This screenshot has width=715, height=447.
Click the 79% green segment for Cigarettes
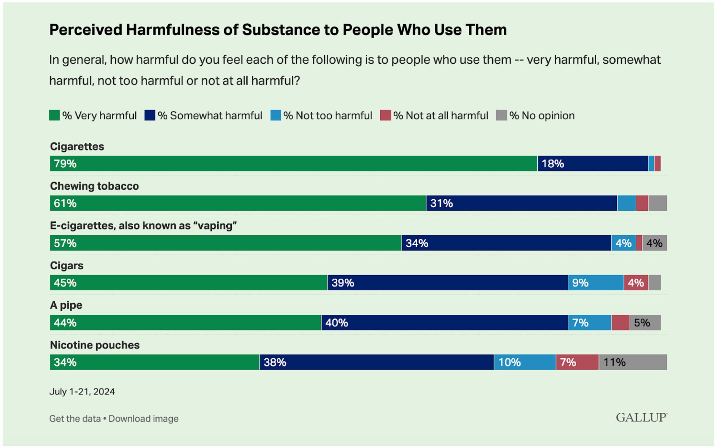(x=293, y=163)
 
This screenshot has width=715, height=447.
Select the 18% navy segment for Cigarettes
(x=592, y=163)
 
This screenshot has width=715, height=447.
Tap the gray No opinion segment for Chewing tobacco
(x=657, y=203)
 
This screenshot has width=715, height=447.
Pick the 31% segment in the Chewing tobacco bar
(x=521, y=203)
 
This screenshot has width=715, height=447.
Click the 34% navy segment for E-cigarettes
(x=506, y=243)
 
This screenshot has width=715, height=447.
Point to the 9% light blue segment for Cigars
(x=596, y=283)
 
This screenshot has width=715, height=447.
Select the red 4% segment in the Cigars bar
(x=636, y=283)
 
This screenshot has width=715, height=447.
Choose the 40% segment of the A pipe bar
(x=444, y=323)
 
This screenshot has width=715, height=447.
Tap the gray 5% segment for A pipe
(x=645, y=323)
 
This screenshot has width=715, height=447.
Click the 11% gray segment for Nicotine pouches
(x=632, y=362)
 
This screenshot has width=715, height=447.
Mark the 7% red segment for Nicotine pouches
(x=577, y=362)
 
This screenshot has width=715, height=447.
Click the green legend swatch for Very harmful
(x=54, y=116)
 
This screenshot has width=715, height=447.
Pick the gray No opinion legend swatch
(x=501, y=116)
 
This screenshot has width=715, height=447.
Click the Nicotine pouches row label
(x=95, y=345)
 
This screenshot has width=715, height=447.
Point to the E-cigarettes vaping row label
(x=143, y=226)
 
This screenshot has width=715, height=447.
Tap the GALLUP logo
(x=641, y=417)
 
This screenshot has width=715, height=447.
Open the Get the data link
(x=75, y=418)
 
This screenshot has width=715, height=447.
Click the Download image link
(x=143, y=418)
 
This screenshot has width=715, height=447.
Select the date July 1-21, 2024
(x=82, y=392)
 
